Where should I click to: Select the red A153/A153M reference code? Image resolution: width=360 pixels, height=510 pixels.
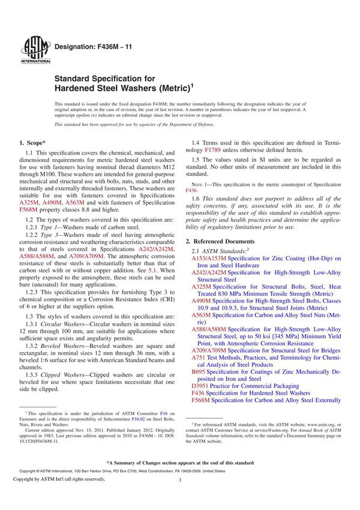[208, 259]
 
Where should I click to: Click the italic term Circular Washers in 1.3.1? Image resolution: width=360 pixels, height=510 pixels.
[70, 323]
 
